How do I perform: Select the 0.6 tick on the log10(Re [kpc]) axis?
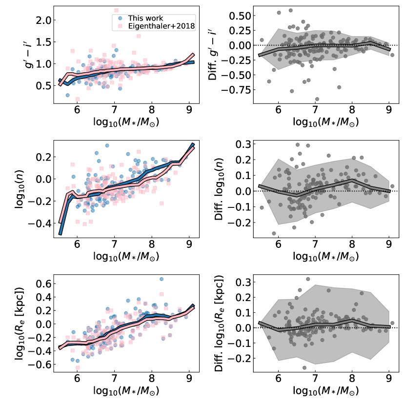pyautogui.click(x=43, y=283)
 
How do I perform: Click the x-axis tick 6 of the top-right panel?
pyautogui.click(x=278, y=110)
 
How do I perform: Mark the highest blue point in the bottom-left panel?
pyautogui.click(x=162, y=280)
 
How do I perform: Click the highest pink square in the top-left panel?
pyautogui.click(x=116, y=10)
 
